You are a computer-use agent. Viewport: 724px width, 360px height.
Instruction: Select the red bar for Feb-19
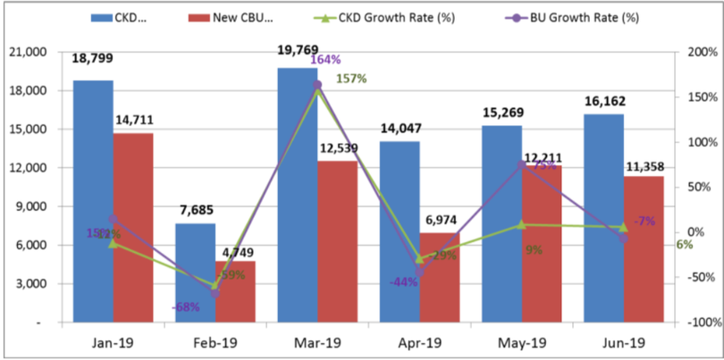coord(235,291)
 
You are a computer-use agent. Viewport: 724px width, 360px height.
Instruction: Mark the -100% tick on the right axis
coord(699,322)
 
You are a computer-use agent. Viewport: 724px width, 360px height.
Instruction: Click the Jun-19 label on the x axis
coord(624,342)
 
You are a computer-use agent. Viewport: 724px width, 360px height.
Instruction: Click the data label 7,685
coord(196,211)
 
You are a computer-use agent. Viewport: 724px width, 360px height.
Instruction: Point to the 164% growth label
coord(324,60)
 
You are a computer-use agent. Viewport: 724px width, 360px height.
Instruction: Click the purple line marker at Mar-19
coord(318,85)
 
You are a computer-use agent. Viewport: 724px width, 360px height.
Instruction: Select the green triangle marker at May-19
coord(522,224)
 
